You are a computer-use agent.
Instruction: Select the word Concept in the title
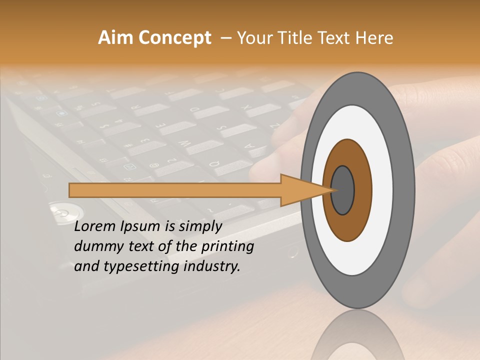(175, 38)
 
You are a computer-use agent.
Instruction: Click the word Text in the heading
(335, 38)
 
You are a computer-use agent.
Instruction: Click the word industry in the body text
(211, 266)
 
